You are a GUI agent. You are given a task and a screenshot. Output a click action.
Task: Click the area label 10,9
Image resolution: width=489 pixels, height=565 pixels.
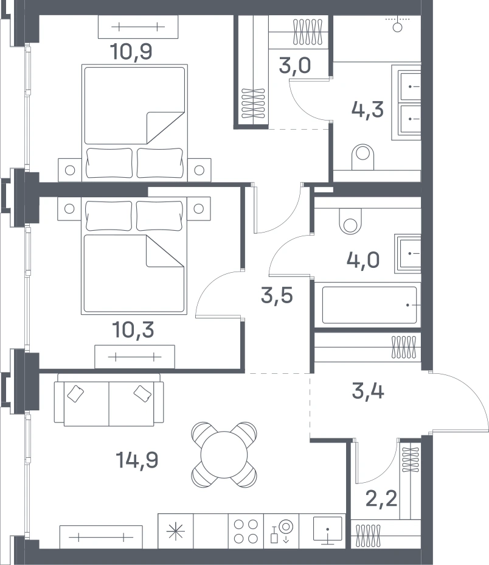pyautogui.click(x=131, y=51)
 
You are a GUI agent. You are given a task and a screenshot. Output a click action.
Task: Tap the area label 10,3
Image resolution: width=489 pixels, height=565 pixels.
pyautogui.click(x=133, y=329)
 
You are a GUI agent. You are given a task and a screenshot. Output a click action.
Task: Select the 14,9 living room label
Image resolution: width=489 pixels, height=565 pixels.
pyautogui.click(x=137, y=460)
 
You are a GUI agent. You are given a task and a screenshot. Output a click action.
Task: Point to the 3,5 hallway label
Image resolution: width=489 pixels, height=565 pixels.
pyautogui.click(x=277, y=296)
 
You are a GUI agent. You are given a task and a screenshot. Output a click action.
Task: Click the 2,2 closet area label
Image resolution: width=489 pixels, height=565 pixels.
pyautogui.click(x=381, y=499)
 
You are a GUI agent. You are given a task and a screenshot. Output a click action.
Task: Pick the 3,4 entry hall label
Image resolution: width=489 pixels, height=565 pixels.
pyautogui.click(x=368, y=391)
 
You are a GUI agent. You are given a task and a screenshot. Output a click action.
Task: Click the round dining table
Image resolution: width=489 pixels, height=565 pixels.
pyautogui.click(x=224, y=455)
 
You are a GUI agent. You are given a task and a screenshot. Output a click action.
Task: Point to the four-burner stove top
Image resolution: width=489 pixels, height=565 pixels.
pyautogui.click(x=246, y=531)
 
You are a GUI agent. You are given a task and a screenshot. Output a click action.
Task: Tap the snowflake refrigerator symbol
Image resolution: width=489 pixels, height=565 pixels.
pyautogui.click(x=176, y=531)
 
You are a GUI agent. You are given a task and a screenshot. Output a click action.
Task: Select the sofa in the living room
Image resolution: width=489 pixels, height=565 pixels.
pyautogui.click(x=109, y=399)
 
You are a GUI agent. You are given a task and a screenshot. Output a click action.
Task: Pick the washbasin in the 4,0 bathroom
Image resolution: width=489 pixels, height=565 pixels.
pyautogui.click(x=408, y=254)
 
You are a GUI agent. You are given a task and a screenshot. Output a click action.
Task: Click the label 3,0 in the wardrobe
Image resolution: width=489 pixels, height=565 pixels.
pyautogui.click(x=295, y=66)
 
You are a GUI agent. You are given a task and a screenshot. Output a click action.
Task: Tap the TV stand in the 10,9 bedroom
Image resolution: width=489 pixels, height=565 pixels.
pyautogui.click(x=138, y=27)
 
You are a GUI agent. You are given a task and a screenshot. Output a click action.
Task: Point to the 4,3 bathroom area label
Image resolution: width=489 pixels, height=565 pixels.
pyautogui.click(x=367, y=110)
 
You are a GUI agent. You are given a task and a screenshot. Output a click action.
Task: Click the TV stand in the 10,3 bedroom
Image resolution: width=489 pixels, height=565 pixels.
pyautogui.click(x=134, y=357)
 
